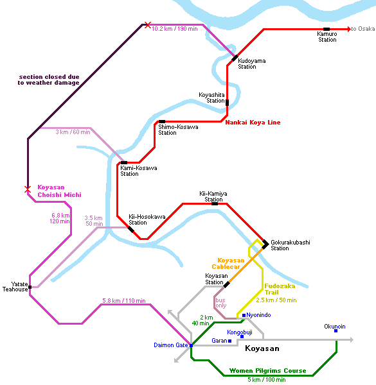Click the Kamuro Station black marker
[x=327, y=30]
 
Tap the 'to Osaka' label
[x=363, y=29]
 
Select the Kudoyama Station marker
[x=235, y=58]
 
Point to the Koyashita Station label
[x=211, y=98]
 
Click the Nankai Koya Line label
[x=253, y=123]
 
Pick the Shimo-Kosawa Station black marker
[x=162, y=121]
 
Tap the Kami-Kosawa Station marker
[x=124, y=162]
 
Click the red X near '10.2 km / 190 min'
[x=148, y=25]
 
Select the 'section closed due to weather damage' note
[x=48, y=80]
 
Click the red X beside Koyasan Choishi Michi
[x=28, y=189]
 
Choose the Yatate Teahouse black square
[x=30, y=287]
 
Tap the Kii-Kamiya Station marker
[x=215, y=204]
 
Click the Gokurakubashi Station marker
[x=265, y=244]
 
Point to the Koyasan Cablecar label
[x=228, y=264]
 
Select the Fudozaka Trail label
[x=280, y=289]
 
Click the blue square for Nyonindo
[x=244, y=315]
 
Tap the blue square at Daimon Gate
[x=191, y=345]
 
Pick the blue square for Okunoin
[x=336, y=330]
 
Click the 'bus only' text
[x=221, y=303]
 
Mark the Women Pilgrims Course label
[x=267, y=370]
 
